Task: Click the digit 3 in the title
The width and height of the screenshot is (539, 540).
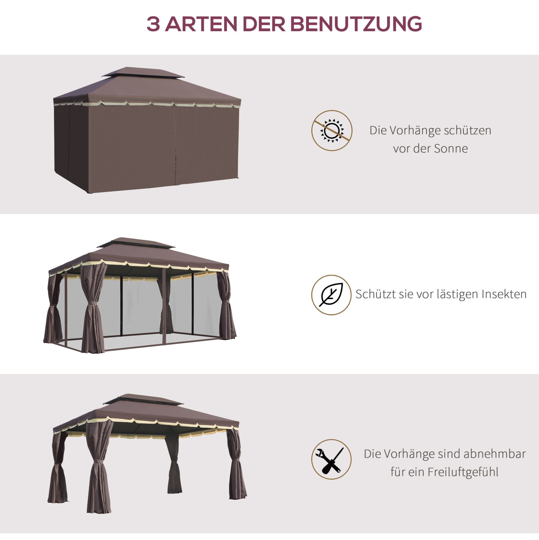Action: click(153, 24)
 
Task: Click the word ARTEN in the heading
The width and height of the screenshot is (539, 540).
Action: click(201, 24)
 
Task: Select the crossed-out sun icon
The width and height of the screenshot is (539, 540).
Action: click(332, 130)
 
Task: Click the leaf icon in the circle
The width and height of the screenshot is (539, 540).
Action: click(331, 295)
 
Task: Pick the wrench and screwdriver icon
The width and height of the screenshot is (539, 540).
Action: click(331, 459)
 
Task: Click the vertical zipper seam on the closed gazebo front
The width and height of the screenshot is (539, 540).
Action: click(175, 145)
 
